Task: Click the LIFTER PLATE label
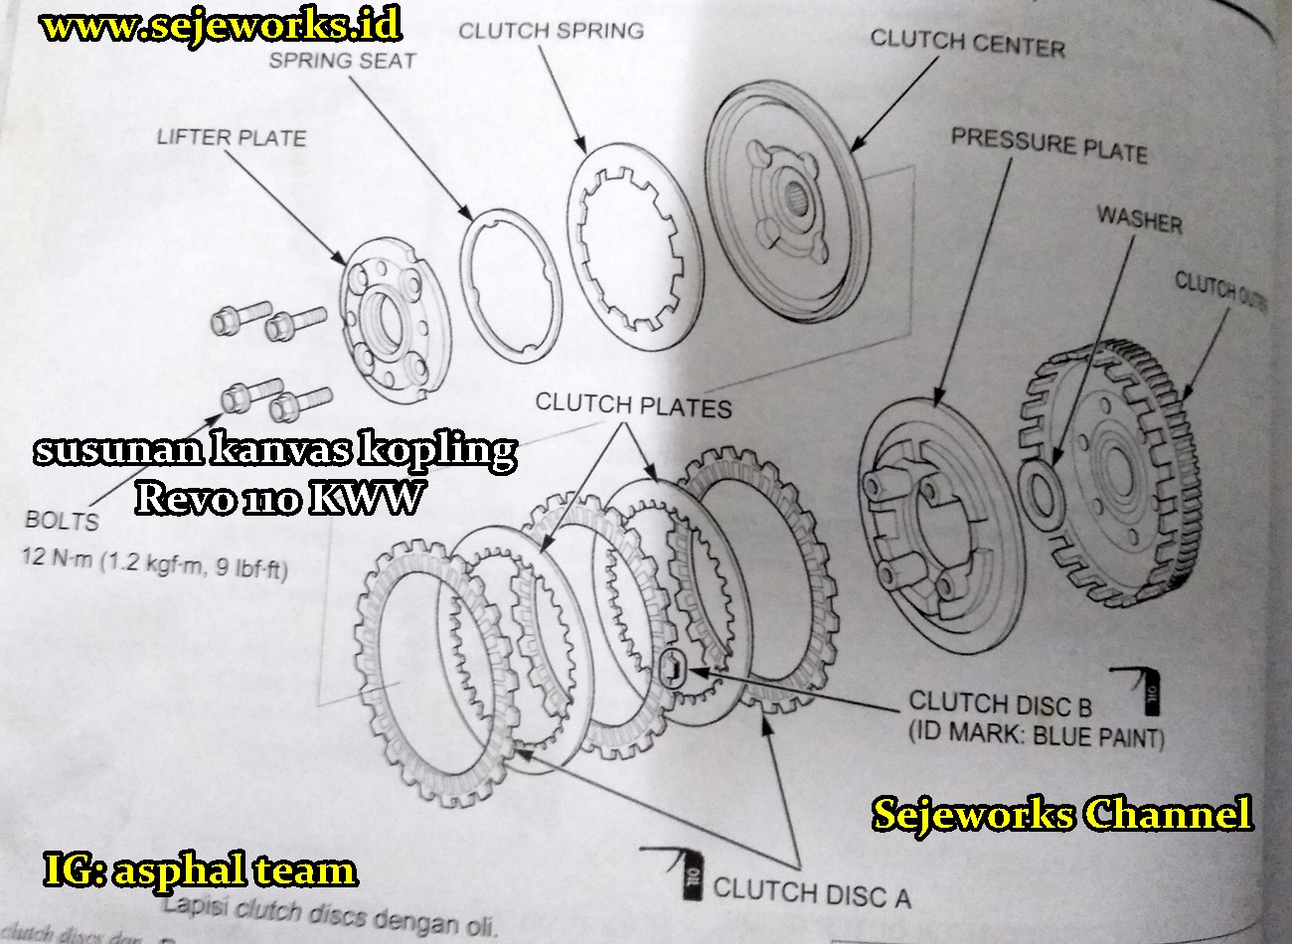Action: coord(231,137)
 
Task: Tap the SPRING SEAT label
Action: coord(342,61)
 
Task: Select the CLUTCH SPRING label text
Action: coord(551,31)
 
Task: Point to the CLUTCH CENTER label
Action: coord(967,44)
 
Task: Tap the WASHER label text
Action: coord(1139,219)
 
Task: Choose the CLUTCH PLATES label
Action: coord(633,405)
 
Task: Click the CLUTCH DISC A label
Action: coord(811,891)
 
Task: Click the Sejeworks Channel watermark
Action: coord(1061,815)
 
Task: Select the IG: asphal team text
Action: coord(200,870)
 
